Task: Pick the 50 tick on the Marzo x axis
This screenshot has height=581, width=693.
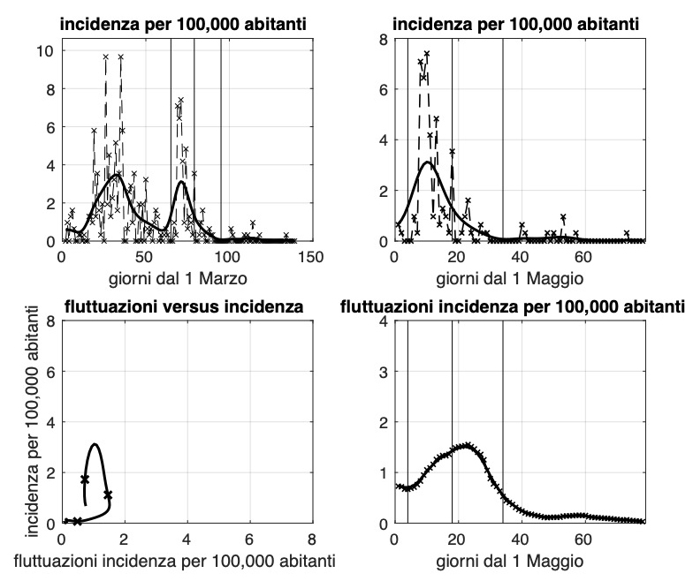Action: click(144, 257)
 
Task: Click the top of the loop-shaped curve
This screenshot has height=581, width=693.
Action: click(94, 444)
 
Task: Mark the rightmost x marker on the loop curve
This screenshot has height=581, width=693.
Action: click(108, 495)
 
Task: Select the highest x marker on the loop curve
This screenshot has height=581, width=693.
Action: click(85, 479)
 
